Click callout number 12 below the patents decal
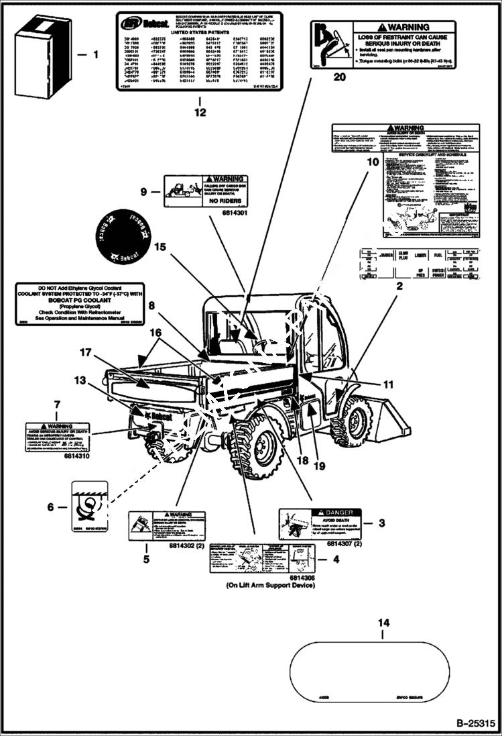click(200, 113)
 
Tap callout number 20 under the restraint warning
click(340, 77)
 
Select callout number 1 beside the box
click(95, 54)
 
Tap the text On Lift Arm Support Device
click(270, 586)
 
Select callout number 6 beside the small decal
click(51, 507)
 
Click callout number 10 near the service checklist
click(372, 162)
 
